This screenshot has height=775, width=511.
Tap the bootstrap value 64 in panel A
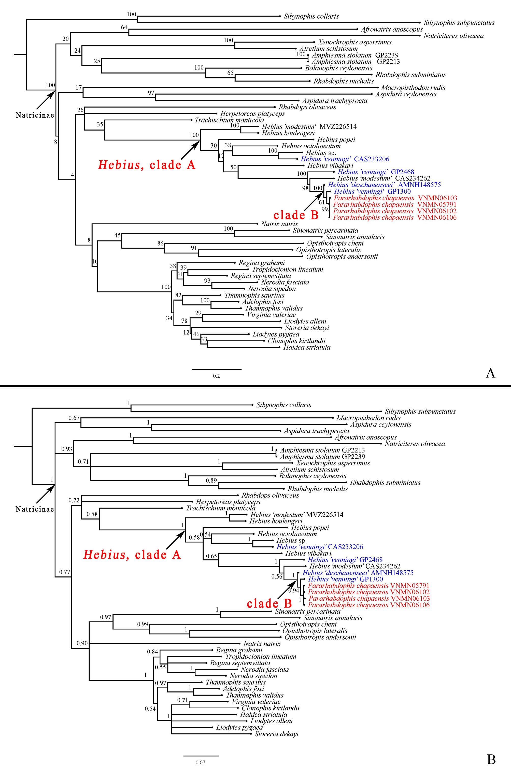[x=124, y=27]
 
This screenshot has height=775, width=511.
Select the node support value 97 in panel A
[x=151, y=93]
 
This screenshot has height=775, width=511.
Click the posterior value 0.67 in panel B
[x=74, y=418]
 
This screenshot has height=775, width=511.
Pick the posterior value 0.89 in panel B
[x=211, y=480]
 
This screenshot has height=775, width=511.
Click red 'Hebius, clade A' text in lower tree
[x=132, y=554]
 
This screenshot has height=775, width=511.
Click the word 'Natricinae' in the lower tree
[x=35, y=509]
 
